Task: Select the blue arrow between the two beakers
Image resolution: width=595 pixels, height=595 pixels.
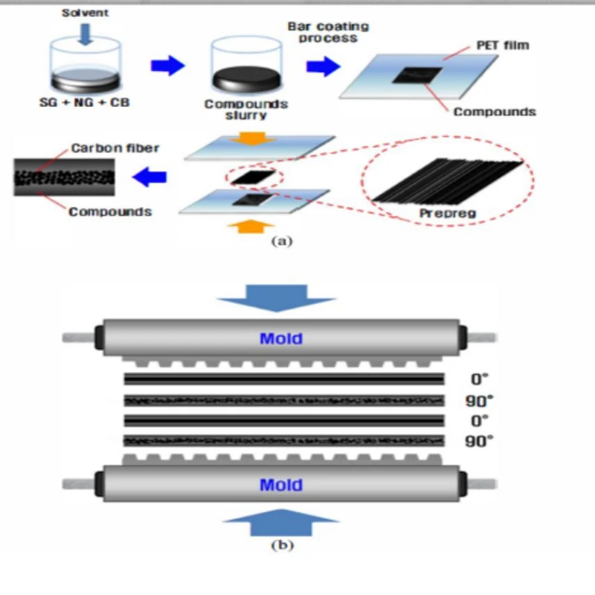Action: [x=167, y=66]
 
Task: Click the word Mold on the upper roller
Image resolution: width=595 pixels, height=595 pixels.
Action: [x=280, y=338]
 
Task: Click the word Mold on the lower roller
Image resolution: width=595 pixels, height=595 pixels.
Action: [x=280, y=485]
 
